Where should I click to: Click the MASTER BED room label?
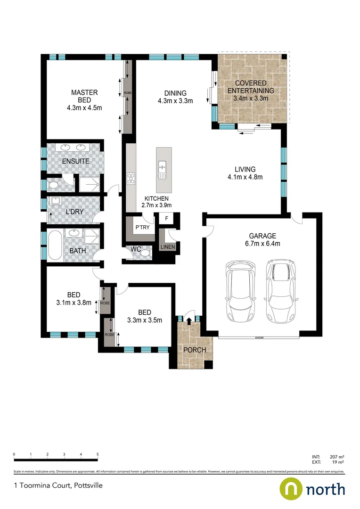click(84, 96)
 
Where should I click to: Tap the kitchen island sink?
click(162, 168)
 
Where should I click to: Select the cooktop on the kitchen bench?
click(131, 179)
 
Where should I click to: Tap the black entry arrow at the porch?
click(189, 321)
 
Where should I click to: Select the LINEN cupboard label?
click(167, 247)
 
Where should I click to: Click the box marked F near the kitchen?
click(165, 219)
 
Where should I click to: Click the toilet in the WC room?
click(145, 254)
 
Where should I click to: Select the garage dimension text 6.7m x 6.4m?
click(264, 244)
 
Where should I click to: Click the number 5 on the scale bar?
click(98, 454)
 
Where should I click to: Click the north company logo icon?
click(291, 489)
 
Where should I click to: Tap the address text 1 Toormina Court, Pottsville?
click(58, 485)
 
